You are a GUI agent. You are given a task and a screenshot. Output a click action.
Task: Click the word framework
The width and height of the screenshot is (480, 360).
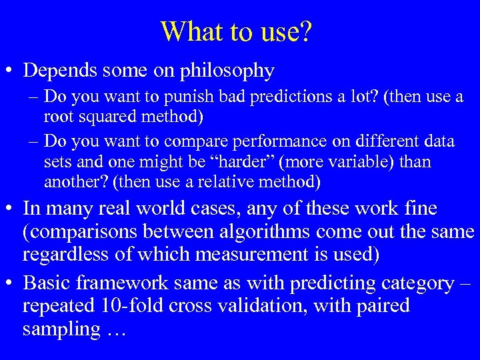click(x=129, y=283)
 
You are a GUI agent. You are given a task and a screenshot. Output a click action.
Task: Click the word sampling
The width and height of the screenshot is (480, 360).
click(x=57, y=329)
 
